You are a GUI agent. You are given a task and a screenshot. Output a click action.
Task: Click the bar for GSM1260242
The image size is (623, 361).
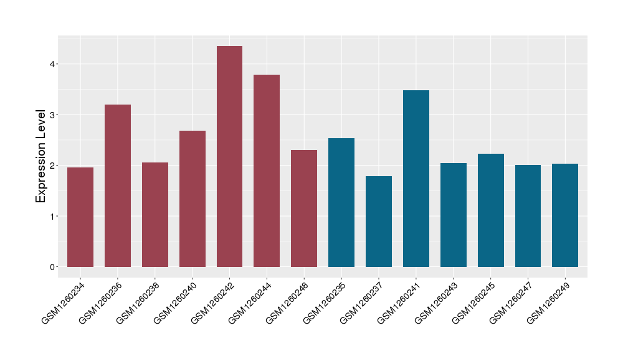229,156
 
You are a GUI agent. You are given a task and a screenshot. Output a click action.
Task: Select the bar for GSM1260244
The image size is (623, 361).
267,171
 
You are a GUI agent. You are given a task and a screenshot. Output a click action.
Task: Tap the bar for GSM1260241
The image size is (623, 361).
416,179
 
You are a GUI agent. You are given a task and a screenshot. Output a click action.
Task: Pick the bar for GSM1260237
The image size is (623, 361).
379,222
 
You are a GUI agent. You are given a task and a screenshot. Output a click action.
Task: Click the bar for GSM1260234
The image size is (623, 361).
80,217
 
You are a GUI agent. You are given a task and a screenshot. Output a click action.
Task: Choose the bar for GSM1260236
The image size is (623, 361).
118,185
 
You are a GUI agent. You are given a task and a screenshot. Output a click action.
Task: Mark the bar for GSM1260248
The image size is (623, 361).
304,209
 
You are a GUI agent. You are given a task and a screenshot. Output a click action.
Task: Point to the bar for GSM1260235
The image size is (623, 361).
341,202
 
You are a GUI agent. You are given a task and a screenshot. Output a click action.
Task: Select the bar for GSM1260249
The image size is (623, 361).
565,215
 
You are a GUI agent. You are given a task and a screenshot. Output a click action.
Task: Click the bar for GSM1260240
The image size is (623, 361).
193,199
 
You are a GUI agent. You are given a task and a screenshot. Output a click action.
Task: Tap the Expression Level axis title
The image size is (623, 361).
41,156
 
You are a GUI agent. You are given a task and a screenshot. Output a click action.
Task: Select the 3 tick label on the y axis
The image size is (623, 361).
54,115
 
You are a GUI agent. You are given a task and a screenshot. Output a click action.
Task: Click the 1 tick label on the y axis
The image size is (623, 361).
54,217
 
